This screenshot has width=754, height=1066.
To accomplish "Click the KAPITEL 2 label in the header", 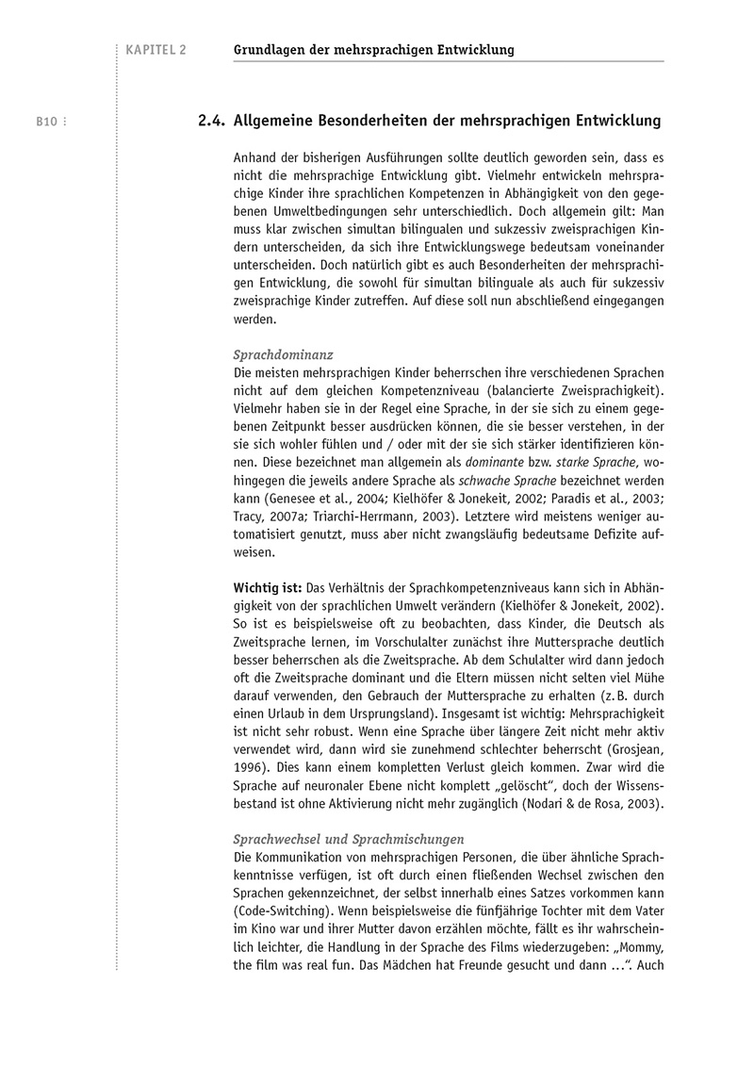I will tap(155, 50).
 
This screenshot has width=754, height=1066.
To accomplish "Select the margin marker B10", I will tap(48, 122).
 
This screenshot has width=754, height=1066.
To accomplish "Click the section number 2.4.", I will tap(210, 122).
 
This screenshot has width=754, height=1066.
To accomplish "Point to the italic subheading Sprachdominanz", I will tap(282, 355).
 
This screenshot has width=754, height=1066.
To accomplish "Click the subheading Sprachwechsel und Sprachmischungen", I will tap(348, 839).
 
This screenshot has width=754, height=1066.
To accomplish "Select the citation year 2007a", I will tap(287, 517).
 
